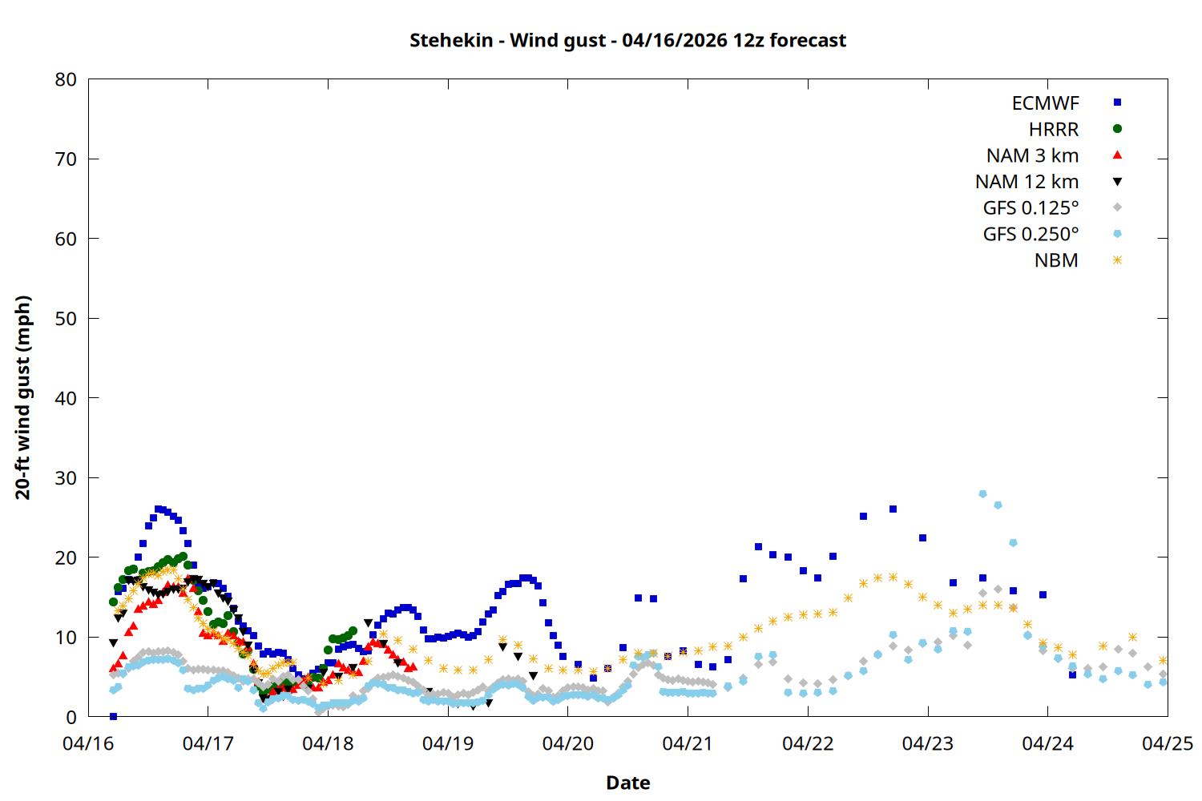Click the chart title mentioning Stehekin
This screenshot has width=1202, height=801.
tap(627, 40)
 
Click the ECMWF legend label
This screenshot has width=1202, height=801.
tap(1045, 103)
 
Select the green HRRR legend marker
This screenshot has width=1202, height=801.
tap(1117, 129)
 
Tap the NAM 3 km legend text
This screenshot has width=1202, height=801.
tap(1032, 155)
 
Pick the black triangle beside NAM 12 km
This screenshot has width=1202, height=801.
tap(1117, 182)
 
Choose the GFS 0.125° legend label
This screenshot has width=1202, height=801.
tap(1031, 208)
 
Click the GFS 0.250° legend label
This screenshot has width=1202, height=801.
tap(1031, 235)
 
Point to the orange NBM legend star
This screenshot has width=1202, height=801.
tap(1117, 260)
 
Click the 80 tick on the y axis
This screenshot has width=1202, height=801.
tap(66, 79)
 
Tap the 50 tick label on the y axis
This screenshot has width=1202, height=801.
tap(66, 319)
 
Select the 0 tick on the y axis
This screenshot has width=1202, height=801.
tap(71, 717)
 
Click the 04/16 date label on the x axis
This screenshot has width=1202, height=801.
tap(88, 743)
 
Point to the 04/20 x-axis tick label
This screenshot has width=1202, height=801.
tap(568, 743)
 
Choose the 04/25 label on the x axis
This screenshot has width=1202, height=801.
tap(1167, 743)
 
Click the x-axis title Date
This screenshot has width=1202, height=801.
tap(627, 783)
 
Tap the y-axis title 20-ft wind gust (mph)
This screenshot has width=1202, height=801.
tap(23, 397)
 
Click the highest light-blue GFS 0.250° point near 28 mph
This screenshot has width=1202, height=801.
tap(982, 494)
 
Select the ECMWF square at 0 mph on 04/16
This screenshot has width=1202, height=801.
tap(113, 716)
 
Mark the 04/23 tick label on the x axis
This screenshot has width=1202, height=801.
tap(928, 743)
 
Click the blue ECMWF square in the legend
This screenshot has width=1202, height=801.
tap(1117, 103)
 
